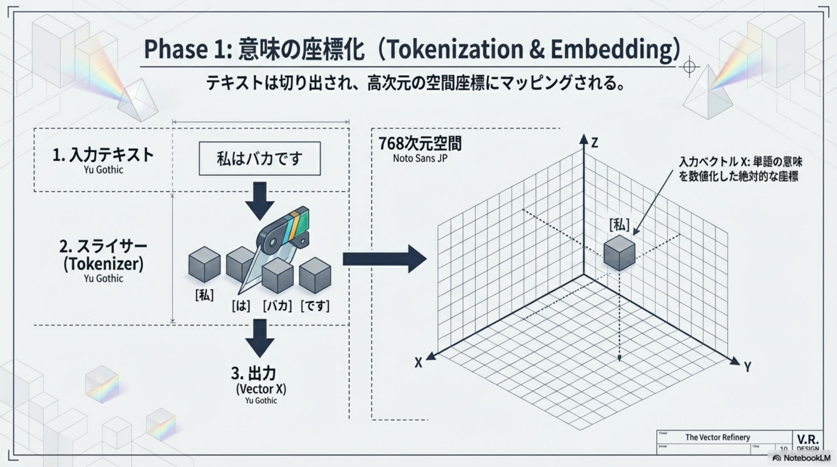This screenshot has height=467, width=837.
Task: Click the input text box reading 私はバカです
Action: [259, 158]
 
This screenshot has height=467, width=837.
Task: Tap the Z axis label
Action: [594, 143]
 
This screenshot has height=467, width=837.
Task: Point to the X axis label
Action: [418, 362]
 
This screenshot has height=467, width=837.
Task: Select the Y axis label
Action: [748, 367]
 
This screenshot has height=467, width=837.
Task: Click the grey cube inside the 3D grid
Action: [619, 253]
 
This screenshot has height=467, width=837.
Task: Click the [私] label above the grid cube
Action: [619, 225]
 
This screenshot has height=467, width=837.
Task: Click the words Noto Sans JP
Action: [420, 158]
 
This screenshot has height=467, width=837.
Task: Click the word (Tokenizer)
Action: [103, 264]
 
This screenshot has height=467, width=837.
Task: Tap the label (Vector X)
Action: [261, 389]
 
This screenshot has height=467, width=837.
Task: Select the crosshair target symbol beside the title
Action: [689, 67]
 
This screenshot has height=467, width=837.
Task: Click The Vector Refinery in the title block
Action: [717, 437]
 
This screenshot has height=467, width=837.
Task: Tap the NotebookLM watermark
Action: [801, 458]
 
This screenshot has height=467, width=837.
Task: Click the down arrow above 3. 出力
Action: [260, 338]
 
